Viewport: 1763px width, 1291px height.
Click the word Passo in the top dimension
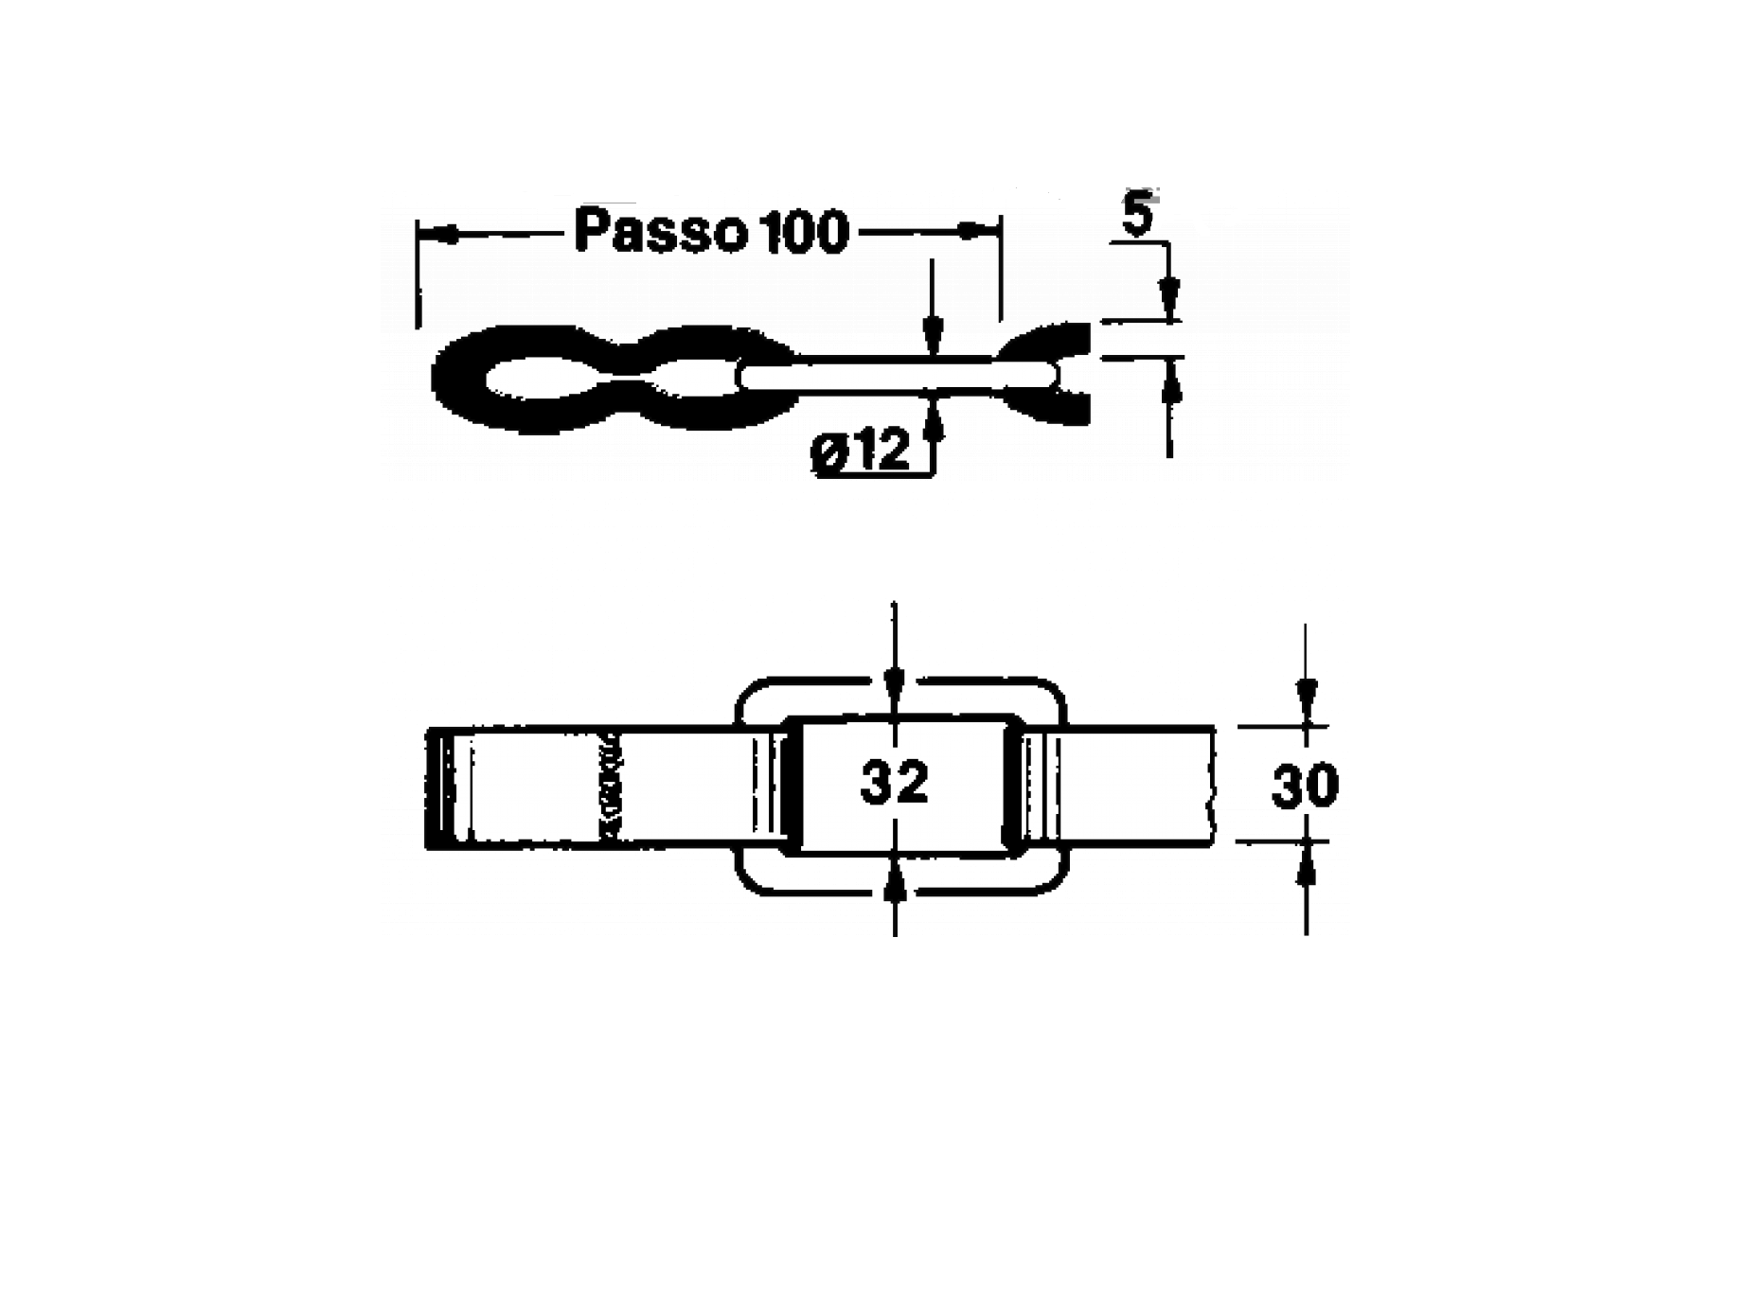[x=657, y=233]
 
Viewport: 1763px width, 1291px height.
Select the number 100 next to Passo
[x=803, y=233]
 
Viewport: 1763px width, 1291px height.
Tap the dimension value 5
[x=1136, y=216]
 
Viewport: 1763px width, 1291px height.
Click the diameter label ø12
[x=860, y=451]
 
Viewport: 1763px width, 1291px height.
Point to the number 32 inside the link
[x=894, y=783]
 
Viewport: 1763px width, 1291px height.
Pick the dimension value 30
[x=1305, y=786]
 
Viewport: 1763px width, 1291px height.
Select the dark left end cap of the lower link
[x=440, y=787]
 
